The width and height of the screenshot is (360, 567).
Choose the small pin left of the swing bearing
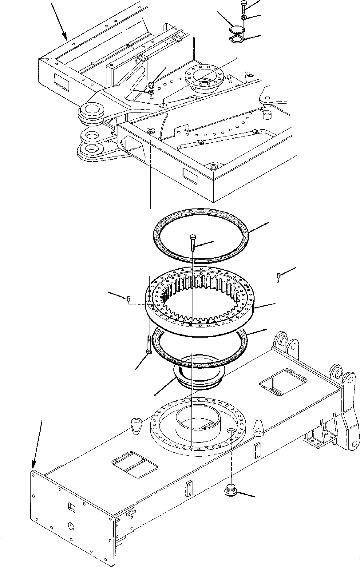coord(129,298)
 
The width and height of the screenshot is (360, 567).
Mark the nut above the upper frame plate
coord(151,85)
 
